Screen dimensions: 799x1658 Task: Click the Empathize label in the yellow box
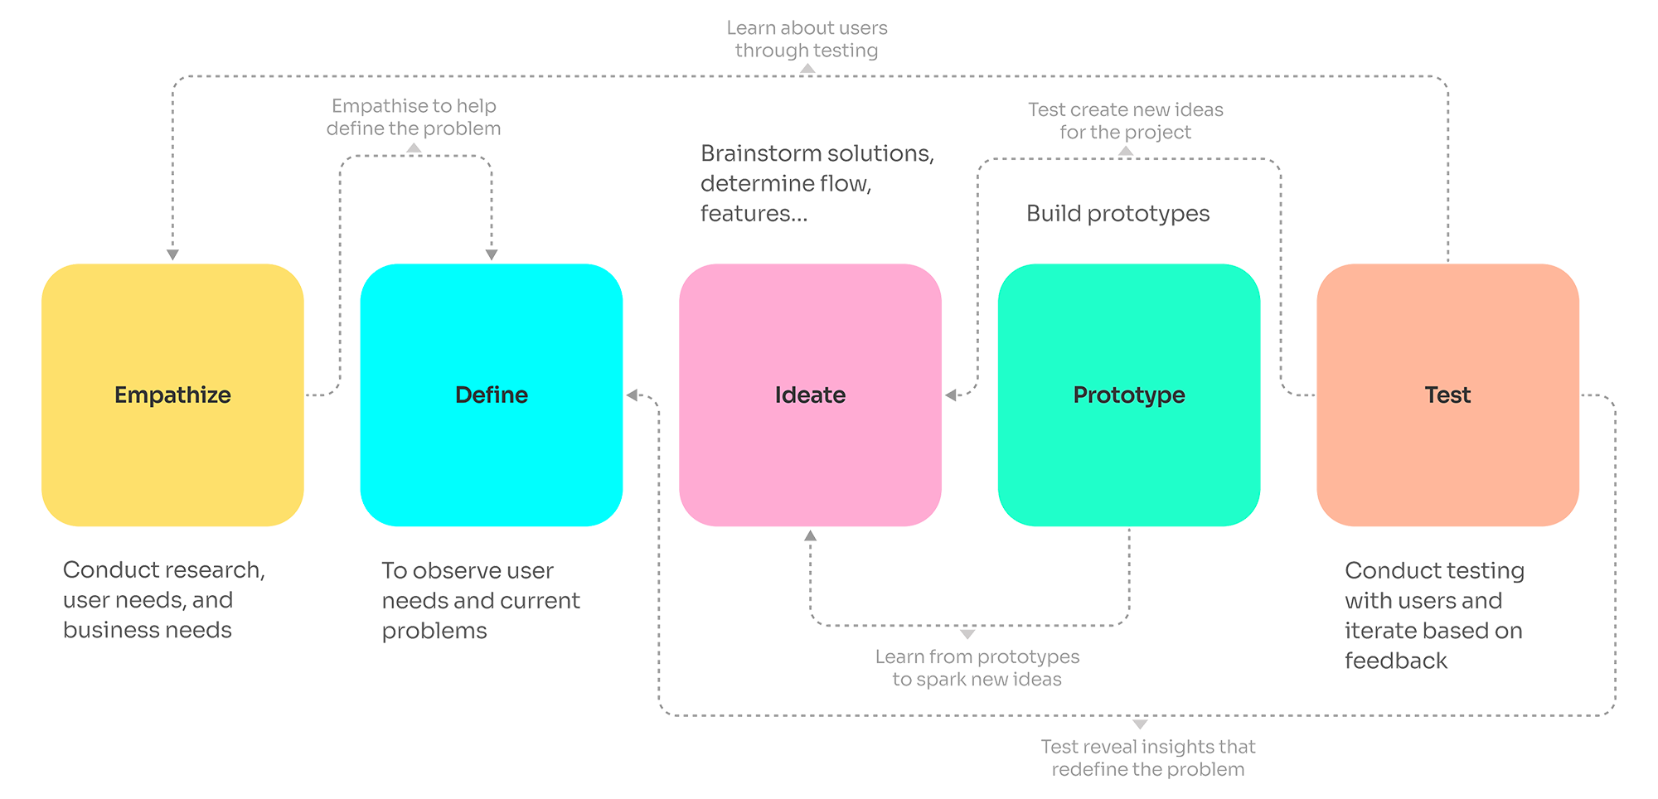pos(172,395)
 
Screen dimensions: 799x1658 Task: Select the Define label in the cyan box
pos(492,395)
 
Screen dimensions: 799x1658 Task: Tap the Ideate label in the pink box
pos(810,395)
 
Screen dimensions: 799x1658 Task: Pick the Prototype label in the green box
pos(1129,395)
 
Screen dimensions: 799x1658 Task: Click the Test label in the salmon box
pos(1447,395)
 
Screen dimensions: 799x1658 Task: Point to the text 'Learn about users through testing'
pos(808,40)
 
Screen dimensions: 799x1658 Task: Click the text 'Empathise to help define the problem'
pos(414,119)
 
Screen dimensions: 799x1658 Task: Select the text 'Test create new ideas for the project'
pos(1125,122)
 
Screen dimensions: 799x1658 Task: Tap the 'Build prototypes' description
pos(1118,214)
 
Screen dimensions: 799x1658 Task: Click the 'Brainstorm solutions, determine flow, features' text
pos(817,184)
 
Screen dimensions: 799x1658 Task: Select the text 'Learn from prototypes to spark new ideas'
pos(978,669)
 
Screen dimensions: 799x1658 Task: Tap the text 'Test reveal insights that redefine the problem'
pos(1148,758)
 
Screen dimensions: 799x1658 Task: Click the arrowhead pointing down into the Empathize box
pos(172,250)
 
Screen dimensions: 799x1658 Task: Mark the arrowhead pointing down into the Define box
pos(492,250)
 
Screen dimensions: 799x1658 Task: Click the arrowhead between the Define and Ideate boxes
pos(633,396)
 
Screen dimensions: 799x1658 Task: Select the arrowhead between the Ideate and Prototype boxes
pos(953,396)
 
